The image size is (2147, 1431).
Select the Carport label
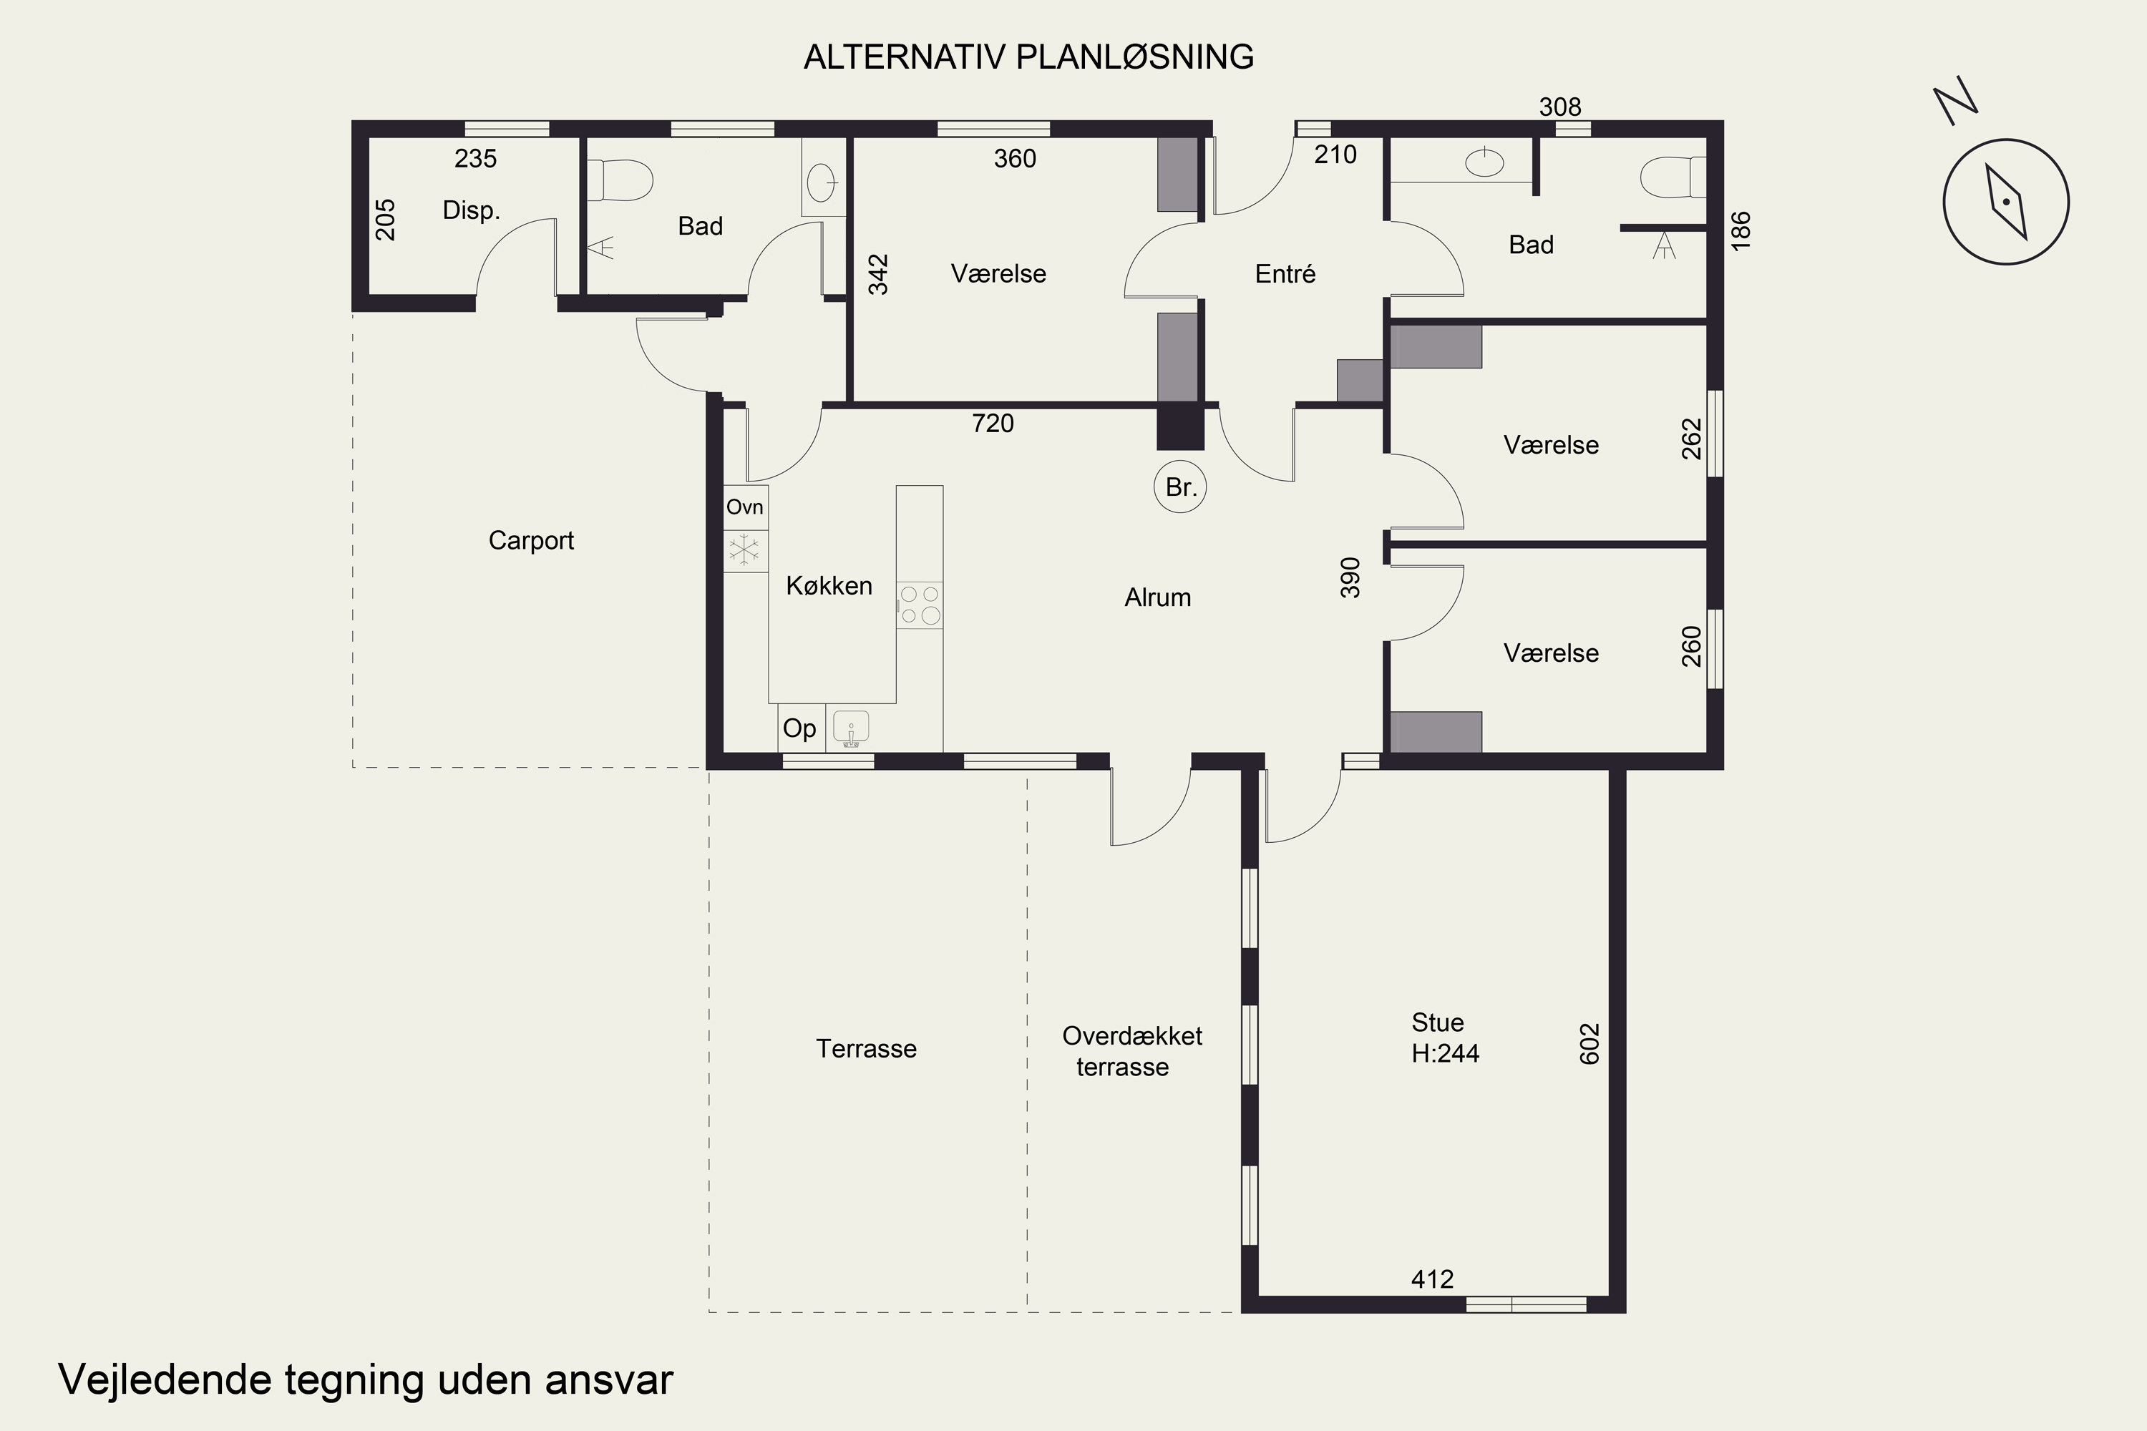[531, 540]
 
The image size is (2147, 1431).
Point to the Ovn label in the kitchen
[745, 507]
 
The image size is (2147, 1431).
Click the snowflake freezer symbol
[744, 550]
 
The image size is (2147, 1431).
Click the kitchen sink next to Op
[851, 728]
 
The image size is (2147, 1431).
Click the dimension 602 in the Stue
[1589, 1043]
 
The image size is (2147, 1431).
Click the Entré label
[1285, 274]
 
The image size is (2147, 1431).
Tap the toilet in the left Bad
[620, 181]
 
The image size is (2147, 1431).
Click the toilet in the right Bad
[1673, 177]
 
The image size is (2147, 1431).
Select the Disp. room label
[471, 211]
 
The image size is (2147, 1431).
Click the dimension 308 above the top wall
[1560, 107]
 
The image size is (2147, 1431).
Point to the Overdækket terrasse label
[1132, 1051]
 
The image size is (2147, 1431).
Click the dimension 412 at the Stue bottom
[1432, 1279]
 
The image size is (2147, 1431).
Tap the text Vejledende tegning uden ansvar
[366, 1380]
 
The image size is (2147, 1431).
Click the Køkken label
[829, 586]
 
